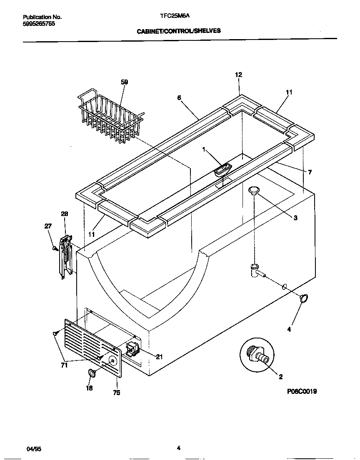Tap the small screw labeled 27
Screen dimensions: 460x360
click(x=55, y=249)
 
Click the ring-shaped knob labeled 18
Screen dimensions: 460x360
click(x=92, y=373)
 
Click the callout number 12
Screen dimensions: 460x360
click(x=238, y=75)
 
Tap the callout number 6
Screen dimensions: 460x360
click(x=179, y=98)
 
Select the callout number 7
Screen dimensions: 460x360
click(x=310, y=172)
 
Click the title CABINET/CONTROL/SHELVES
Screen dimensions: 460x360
click(x=179, y=31)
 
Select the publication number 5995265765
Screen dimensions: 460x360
click(x=39, y=24)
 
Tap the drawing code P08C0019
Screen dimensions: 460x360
click(x=302, y=391)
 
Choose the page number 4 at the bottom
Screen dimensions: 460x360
click(x=178, y=448)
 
